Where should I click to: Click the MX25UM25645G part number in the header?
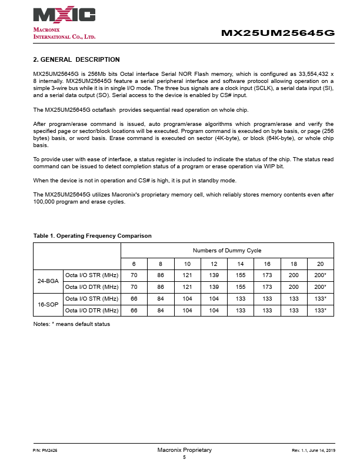(278, 33)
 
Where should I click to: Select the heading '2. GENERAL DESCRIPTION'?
(76, 59)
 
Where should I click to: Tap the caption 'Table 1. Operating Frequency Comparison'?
(92, 235)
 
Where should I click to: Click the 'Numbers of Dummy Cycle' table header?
(227, 251)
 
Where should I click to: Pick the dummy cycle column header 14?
(241, 264)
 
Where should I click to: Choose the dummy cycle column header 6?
(134, 264)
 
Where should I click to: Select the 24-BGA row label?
(48, 281)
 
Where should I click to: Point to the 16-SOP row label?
(48, 304)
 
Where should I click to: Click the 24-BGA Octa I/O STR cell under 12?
(214, 275)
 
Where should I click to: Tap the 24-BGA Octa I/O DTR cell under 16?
(267, 287)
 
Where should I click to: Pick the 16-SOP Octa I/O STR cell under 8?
(161, 299)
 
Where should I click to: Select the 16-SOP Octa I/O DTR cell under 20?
(321, 310)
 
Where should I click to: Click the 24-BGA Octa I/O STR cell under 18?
(294, 275)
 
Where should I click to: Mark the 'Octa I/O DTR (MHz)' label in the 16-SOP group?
(92, 310)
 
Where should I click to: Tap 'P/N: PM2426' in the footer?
(45, 450)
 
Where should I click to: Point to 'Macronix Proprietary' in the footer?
(184, 450)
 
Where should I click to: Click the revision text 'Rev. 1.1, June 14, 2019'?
(313, 450)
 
